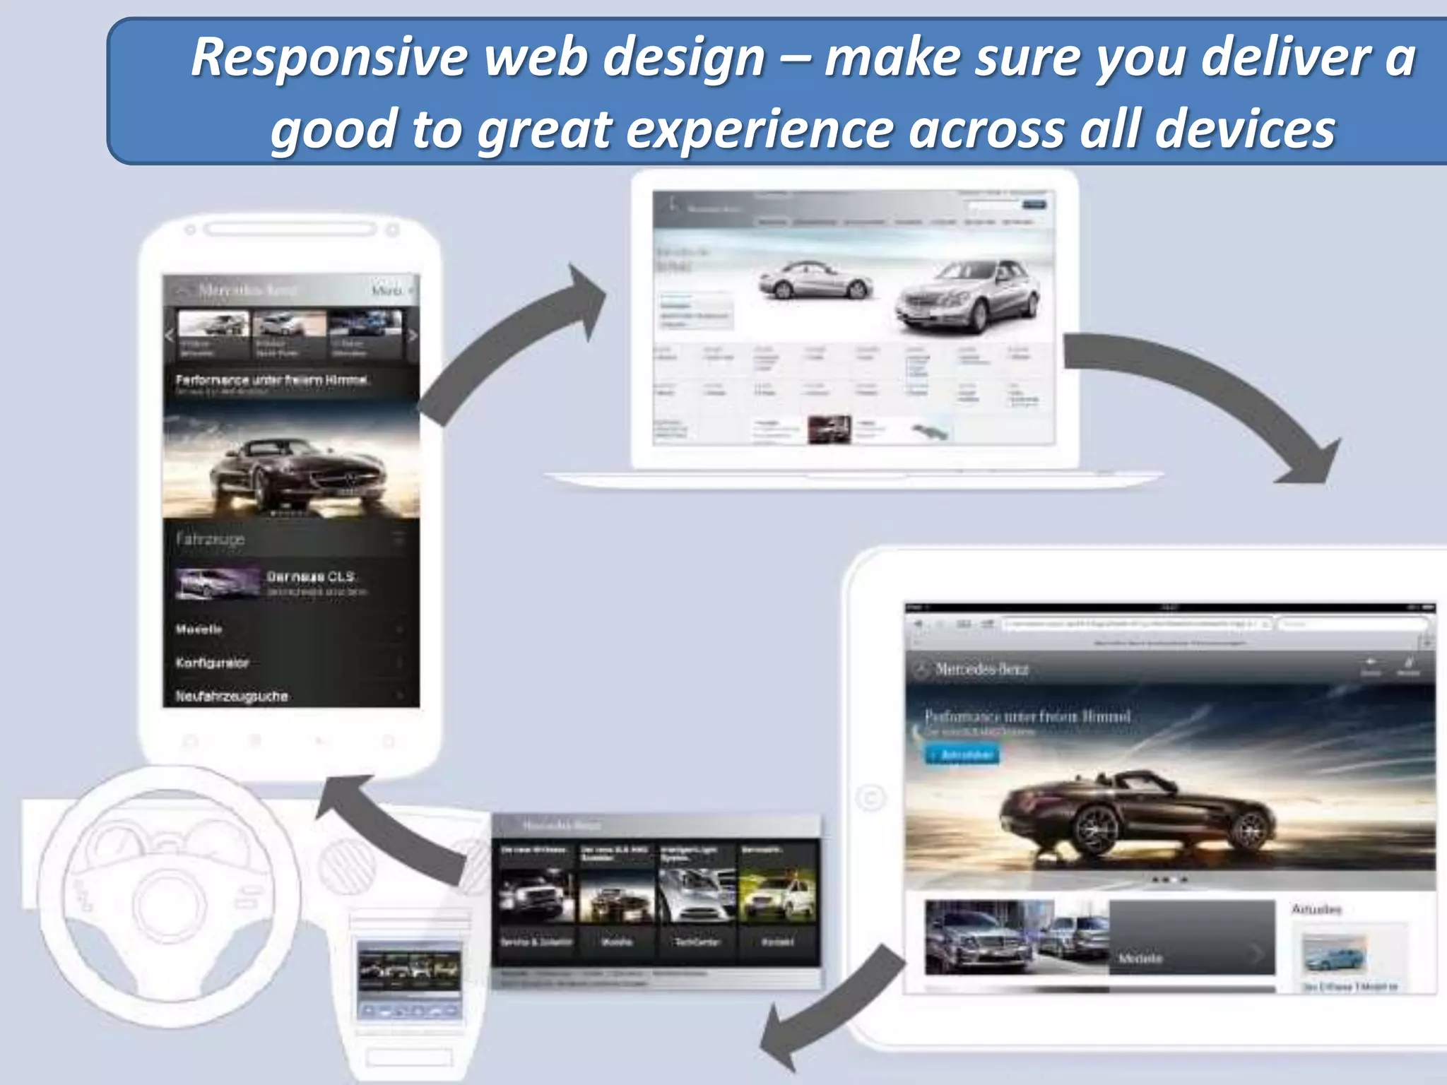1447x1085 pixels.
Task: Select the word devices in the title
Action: coord(1244,130)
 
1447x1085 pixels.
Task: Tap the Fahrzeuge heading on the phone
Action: coord(211,540)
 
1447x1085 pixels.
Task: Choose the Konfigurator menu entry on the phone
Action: coord(213,663)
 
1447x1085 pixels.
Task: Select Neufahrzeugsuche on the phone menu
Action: coord(232,696)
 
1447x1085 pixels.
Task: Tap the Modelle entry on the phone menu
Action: coord(199,629)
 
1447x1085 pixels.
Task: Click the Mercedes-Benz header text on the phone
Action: coord(247,290)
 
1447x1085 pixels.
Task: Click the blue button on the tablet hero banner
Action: coord(963,755)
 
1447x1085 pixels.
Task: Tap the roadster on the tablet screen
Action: coord(1138,812)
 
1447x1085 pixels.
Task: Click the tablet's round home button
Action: coord(870,799)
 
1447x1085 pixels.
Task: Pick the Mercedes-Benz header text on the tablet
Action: coord(981,669)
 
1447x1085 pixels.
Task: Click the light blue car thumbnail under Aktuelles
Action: coord(1334,954)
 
